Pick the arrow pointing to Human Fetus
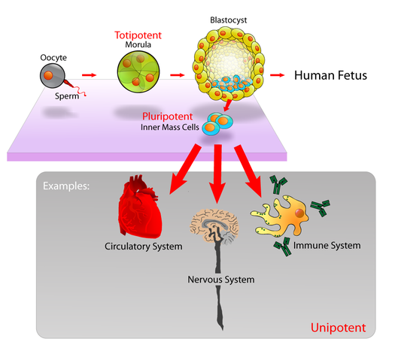[x=278, y=76]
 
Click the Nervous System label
[x=220, y=280]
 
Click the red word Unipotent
[x=338, y=328]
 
